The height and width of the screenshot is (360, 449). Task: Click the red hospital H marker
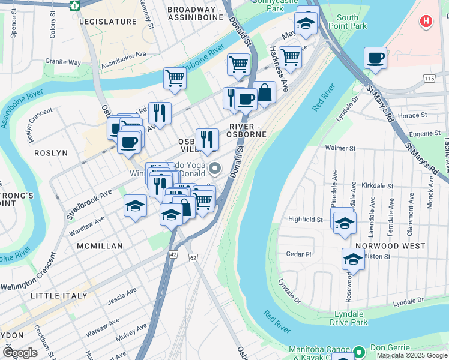pyautogui.click(x=426, y=22)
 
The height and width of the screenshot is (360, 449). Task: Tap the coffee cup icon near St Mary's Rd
pyautogui.click(x=375, y=58)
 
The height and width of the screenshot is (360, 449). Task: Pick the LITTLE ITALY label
pyautogui.click(x=61, y=296)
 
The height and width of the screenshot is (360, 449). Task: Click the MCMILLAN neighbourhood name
pyautogui.click(x=100, y=246)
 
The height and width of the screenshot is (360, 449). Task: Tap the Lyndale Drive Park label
pyautogui.click(x=348, y=318)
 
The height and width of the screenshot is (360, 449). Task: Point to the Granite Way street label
pyautogui.click(x=63, y=62)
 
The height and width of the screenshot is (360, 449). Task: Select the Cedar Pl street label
pyautogui.click(x=298, y=254)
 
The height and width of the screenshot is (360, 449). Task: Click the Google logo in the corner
pyautogui.click(x=20, y=352)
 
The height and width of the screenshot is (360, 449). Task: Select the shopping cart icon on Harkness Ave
pyautogui.click(x=290, y=57)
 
